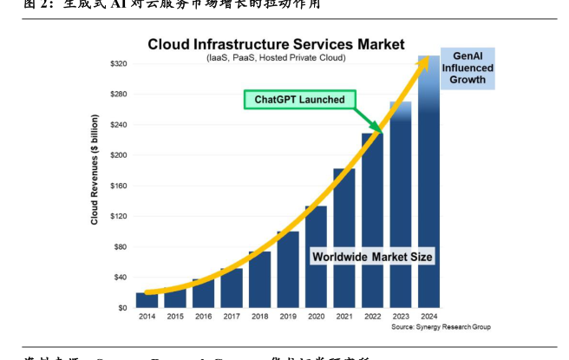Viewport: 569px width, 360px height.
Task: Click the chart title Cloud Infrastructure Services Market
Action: tap(275, 43)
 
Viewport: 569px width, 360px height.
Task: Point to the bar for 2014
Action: tap(147, 300)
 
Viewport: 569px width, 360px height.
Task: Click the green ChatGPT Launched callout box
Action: tap(299, 100)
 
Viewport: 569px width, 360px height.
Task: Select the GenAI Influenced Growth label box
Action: tap(468, 68)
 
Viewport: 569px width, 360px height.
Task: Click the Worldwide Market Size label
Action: tap(371, 257)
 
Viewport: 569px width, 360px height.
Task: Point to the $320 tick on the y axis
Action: tap(119, 64)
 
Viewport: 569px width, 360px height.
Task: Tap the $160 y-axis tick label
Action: tap(119, 186)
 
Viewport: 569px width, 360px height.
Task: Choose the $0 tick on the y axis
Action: tap(122, 308)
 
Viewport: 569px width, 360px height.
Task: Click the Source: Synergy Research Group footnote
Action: tap(441, 328)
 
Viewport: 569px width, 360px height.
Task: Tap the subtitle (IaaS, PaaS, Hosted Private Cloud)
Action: tap(276, 57)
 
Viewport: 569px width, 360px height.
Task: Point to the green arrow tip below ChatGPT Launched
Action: tap(380, 130)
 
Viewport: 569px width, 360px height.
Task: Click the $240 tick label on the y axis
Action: tap(119, 125)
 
